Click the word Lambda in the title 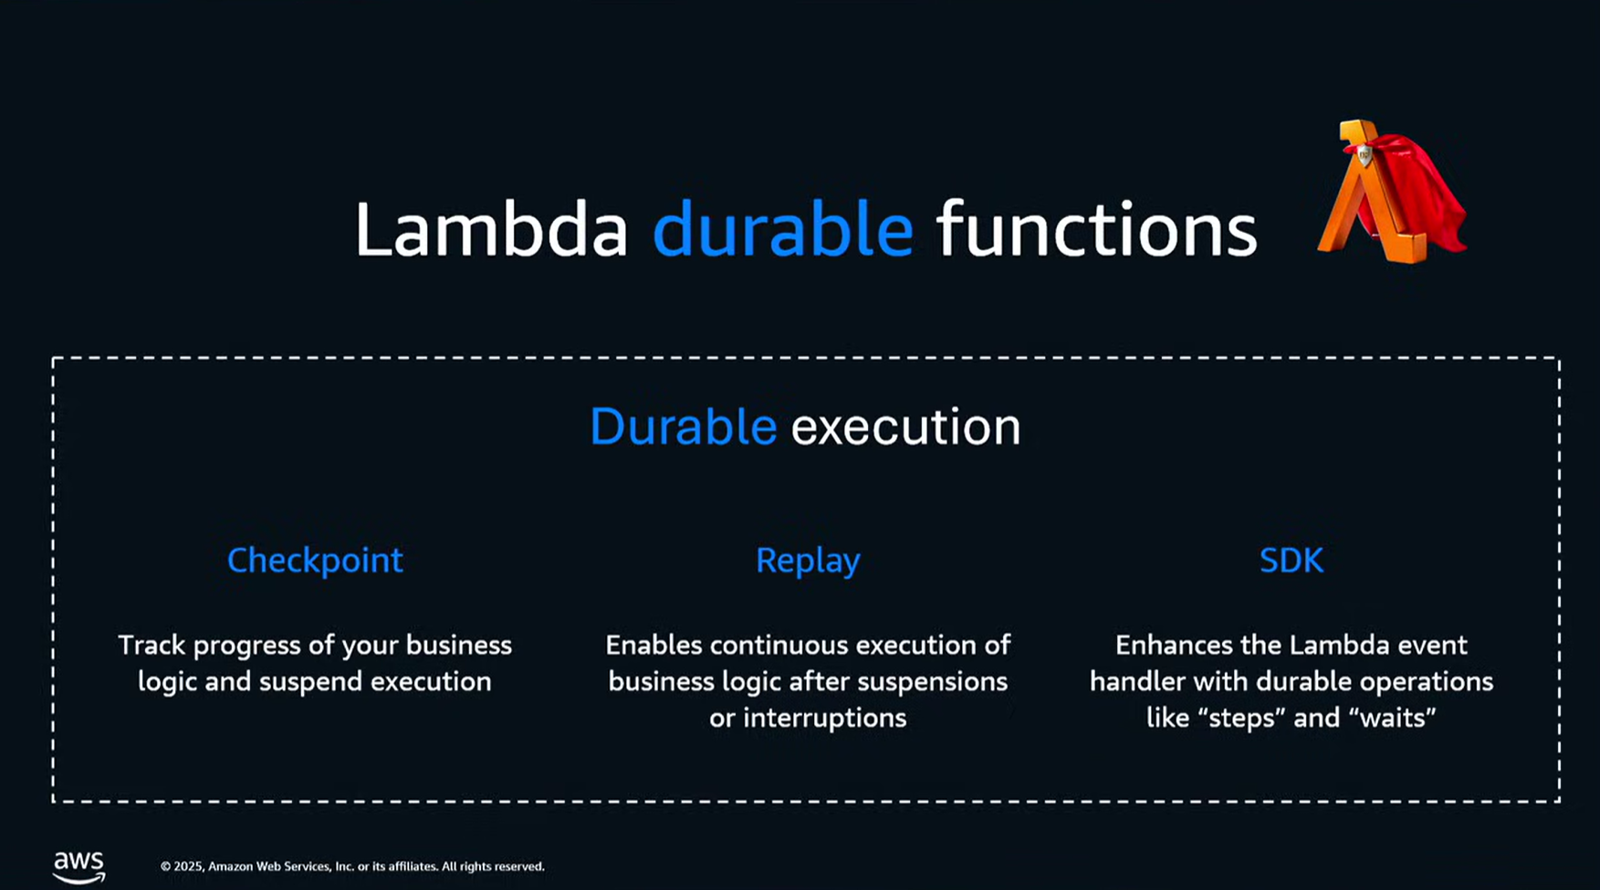490,230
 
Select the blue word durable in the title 782,230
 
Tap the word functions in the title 1096,230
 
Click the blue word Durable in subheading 683,427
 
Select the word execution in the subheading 905,427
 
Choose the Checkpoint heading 314,560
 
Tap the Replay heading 807,560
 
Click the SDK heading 1291,560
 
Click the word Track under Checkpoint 152,645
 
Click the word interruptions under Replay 824,718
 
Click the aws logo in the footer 78,866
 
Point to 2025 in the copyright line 188,866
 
